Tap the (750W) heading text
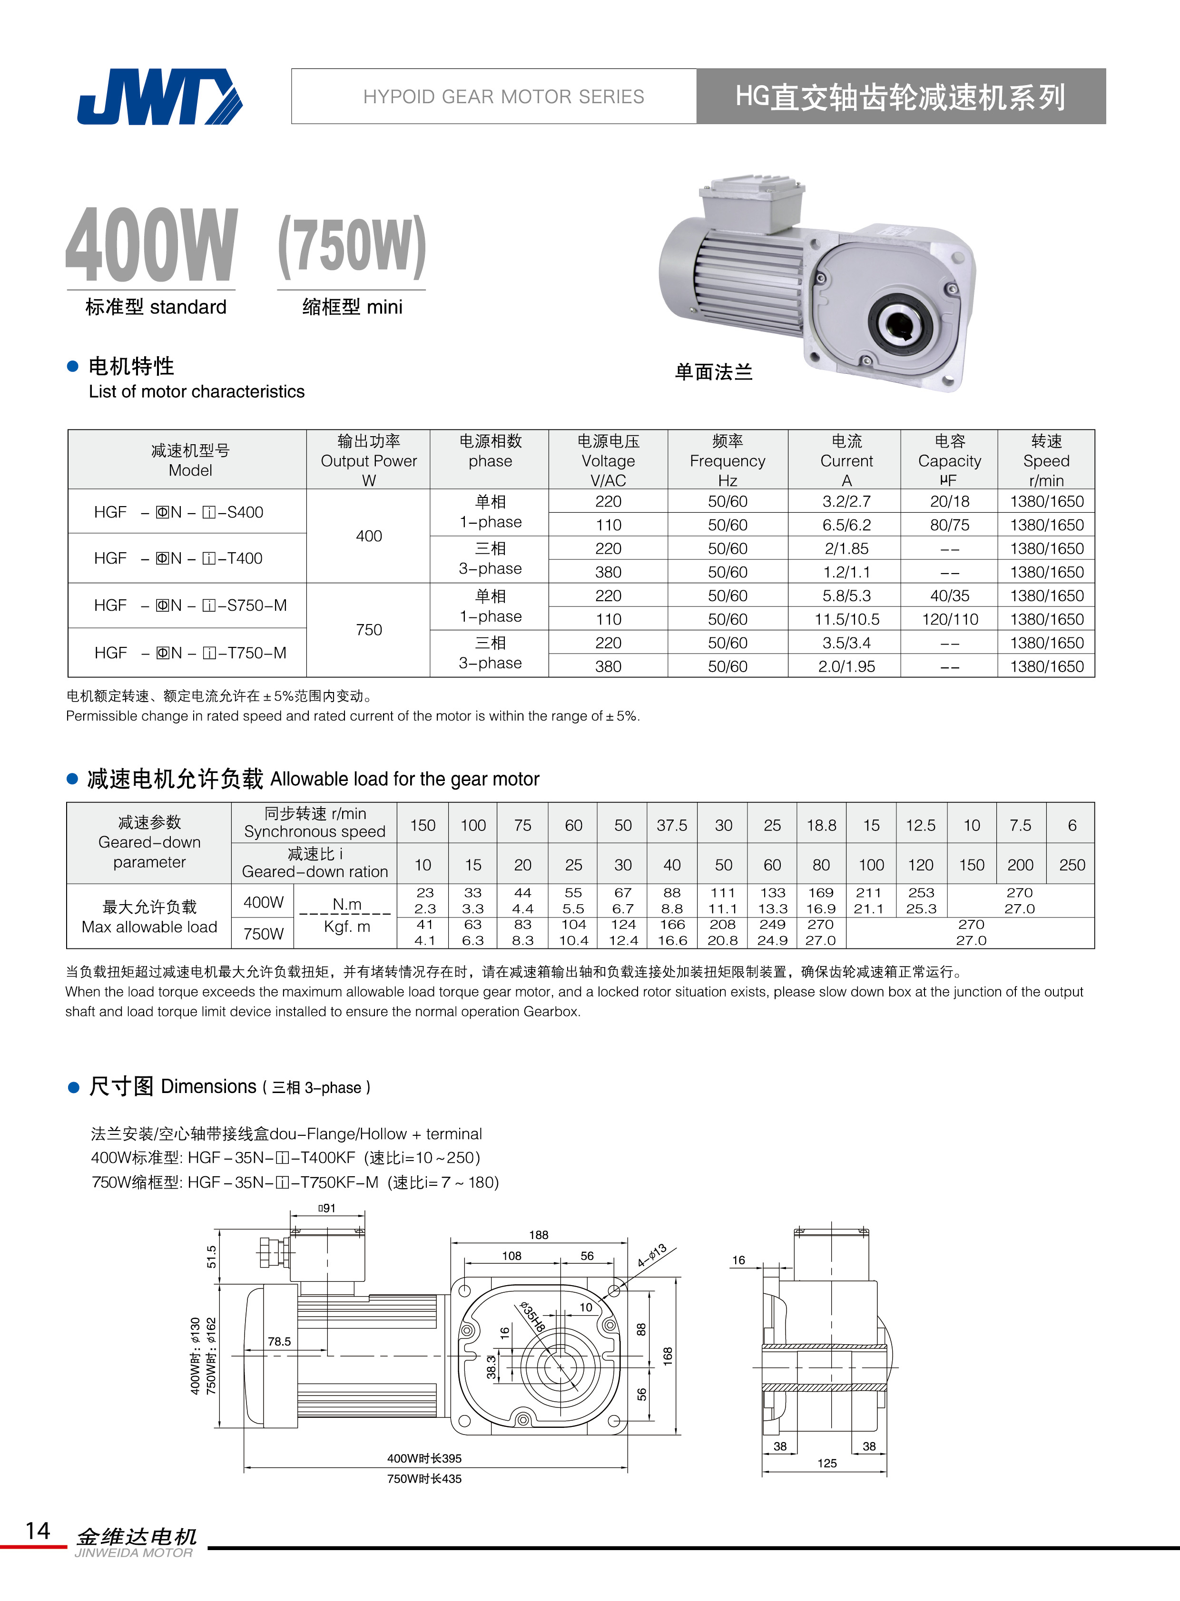(x=352, y=246)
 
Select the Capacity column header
(x=949, y=460)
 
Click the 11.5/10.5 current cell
(x=846, y=619)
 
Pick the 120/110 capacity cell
(x=949, y=619)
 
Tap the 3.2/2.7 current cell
(x=846, y=501)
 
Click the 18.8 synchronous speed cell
(x=821, y=826)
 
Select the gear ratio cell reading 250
(x=1072, y=866)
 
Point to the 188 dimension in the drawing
(x=539, y=1235)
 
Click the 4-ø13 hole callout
(x=652, y=1255)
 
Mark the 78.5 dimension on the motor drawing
(x=279, y=1342)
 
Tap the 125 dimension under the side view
(x=826, y=1463)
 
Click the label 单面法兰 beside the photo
(x=714, y=372)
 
